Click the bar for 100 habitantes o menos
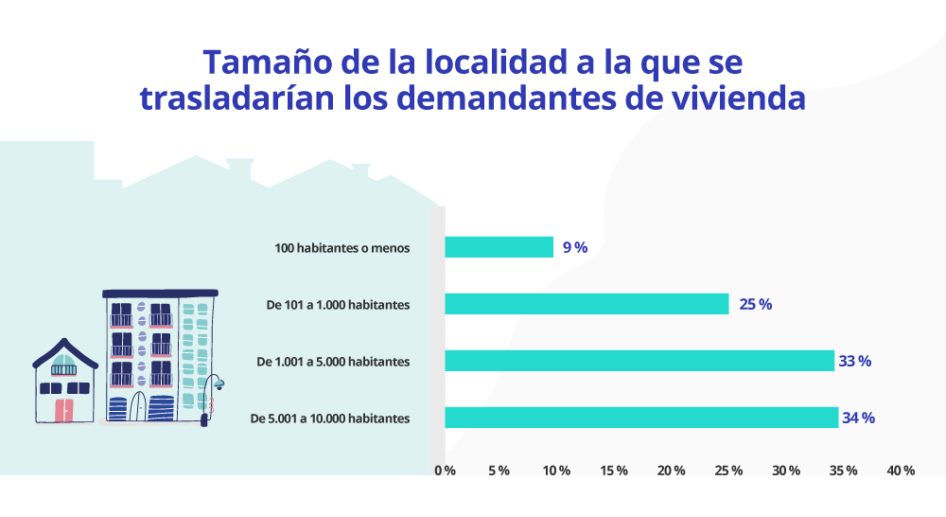[499, 247]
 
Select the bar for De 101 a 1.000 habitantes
[587, 304]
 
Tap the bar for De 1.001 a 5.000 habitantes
[639, 361]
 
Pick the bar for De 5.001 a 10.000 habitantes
[641, 418]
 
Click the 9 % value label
[575, 248]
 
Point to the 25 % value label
[756, 305]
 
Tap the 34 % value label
[859, 419]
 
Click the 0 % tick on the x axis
[445, 471]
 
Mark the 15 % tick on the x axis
[615, 471]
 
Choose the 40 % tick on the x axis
[902, 471]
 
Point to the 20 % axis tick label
[672, 471]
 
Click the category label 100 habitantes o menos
[342, 248]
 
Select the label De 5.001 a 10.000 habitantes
[329, 419]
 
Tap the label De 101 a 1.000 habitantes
[338, 305]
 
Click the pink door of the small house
[64, 409]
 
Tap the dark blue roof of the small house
[64, 351]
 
